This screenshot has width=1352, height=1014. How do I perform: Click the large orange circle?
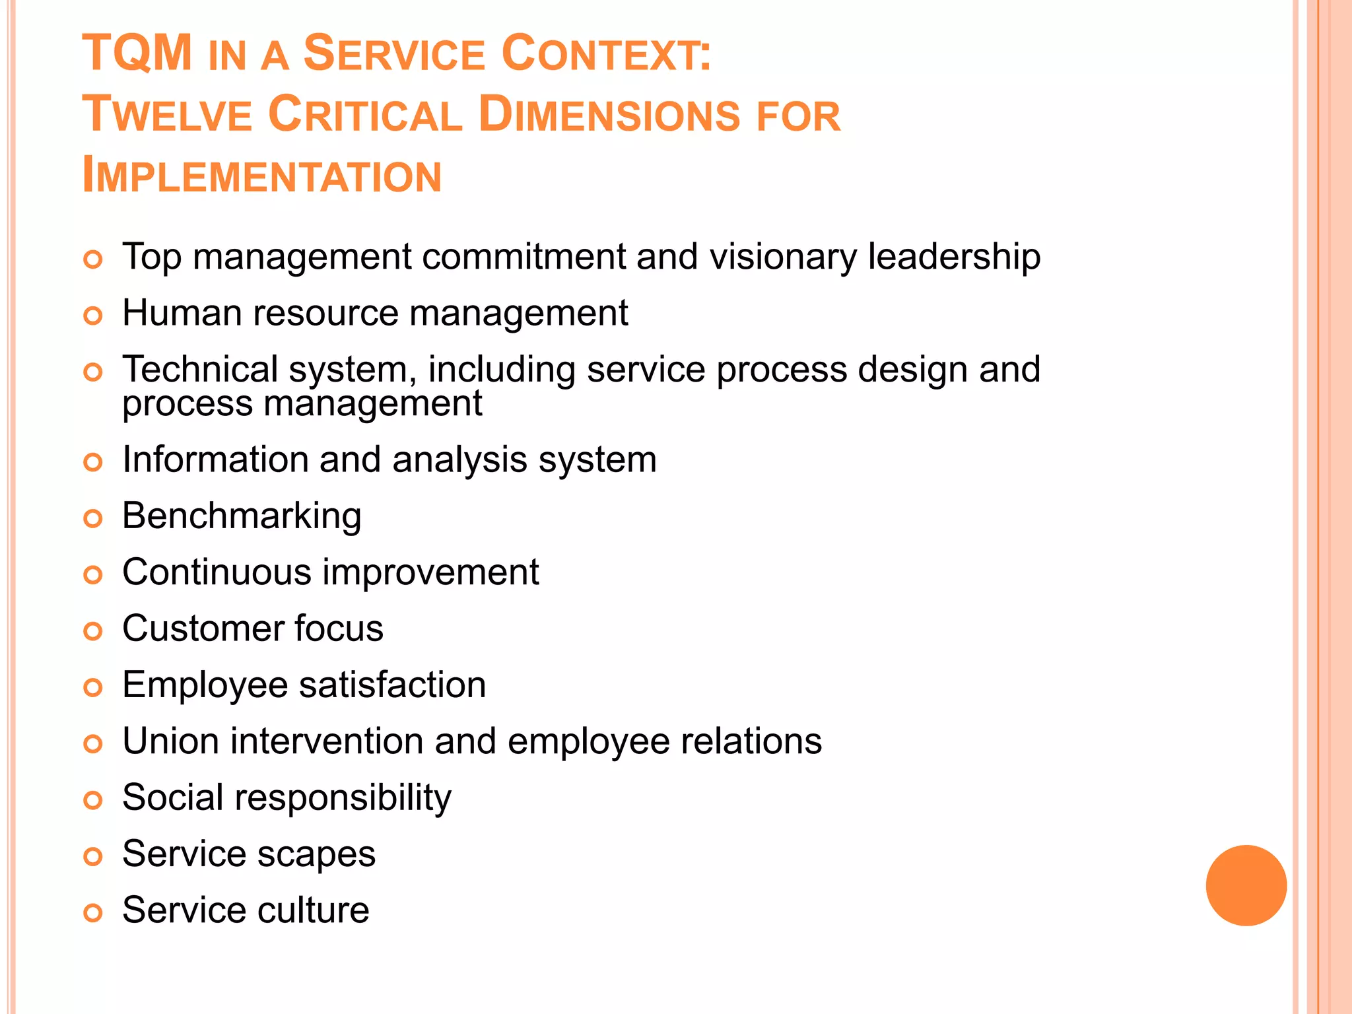1246,885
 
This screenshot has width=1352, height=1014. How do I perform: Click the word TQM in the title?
137,53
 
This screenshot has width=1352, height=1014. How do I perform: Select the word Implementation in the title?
262,176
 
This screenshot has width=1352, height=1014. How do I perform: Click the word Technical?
200,369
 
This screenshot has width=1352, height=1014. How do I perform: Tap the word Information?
215,459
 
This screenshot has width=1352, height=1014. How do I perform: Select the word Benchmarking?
242,516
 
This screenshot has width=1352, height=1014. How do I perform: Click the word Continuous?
217,572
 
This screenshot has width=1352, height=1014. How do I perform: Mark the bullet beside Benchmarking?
93,519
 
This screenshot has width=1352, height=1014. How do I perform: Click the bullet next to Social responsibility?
93,801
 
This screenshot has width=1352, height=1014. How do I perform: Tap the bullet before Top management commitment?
93,259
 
